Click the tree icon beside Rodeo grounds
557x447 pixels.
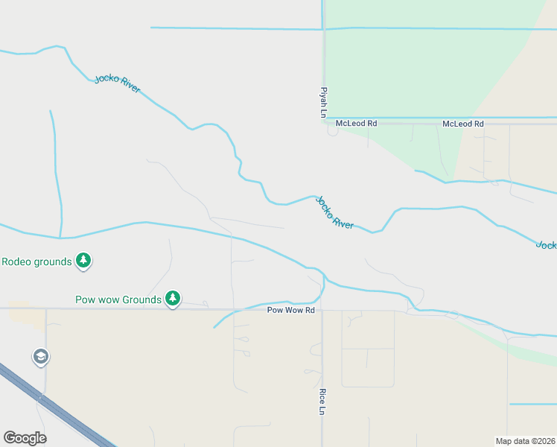click(x=84, y=261)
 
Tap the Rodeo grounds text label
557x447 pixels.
click(x=36, y=261)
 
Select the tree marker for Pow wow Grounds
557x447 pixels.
click(x=173, y=299)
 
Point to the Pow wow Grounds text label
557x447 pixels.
click(x=118, y=299)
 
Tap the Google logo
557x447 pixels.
click(x=25, y=438)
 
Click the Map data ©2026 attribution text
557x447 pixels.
click(x=525, y=440)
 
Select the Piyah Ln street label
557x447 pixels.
click(x=324, y=101)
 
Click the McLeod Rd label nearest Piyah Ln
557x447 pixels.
click(x=357, y=124)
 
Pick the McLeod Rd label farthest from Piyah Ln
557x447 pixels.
click(x=463, y=124)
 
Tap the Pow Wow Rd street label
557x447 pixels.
click(x=291, y=310)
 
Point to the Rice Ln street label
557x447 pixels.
click(x=322, y=402)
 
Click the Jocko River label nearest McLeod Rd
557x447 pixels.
click(x=334, y=212)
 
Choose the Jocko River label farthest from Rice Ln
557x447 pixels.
click(x=118, y=83)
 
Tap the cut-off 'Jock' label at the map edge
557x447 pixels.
click(x=547, y=244)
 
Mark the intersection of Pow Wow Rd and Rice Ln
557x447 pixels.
click(x=322, y=309)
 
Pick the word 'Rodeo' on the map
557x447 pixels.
click(x=16, y=261)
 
